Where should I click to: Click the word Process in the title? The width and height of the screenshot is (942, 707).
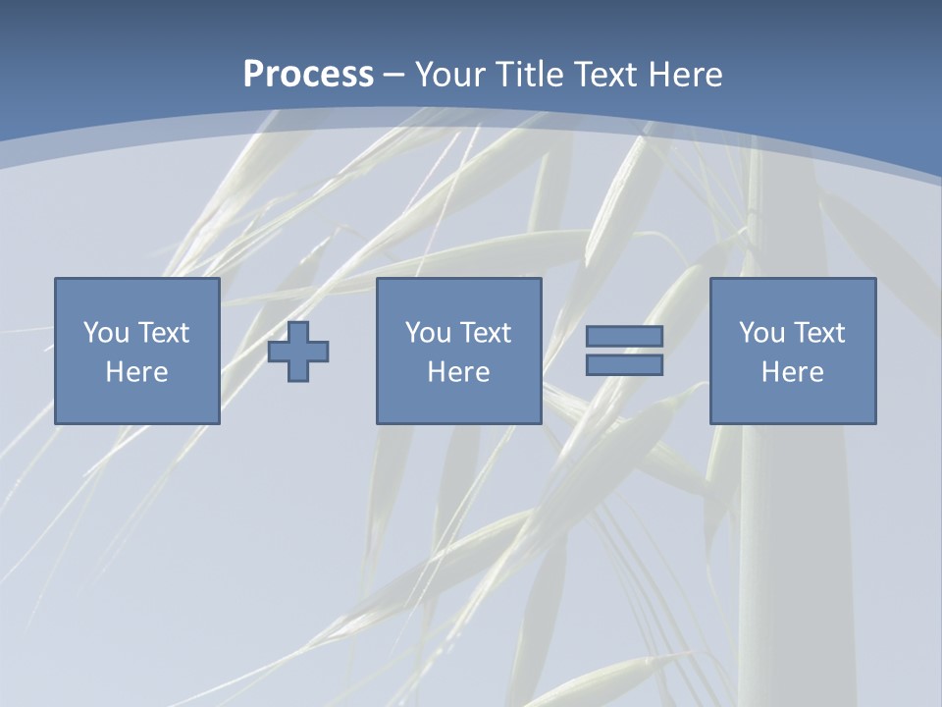308,75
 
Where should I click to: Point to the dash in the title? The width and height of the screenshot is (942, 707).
394,75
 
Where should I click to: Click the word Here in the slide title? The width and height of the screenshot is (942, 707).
685,75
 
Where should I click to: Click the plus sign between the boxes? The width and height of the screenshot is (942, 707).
298,352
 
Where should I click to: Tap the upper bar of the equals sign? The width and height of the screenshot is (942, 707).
624,336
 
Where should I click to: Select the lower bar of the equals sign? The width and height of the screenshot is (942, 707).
624,365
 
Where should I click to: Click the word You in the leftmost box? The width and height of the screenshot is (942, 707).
106,333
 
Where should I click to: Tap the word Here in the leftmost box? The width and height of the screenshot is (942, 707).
136,372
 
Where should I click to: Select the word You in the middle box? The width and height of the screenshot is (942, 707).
428,333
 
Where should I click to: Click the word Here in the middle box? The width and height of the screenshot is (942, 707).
458,372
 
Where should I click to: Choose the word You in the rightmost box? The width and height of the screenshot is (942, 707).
761,333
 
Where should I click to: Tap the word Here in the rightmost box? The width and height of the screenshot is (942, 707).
792,372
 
